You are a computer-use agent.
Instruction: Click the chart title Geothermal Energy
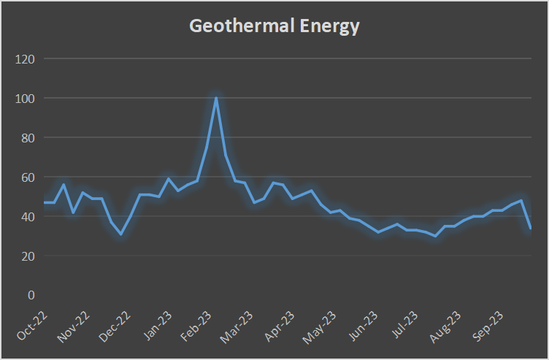tap(274, 27)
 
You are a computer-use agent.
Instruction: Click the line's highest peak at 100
tap(216, 98)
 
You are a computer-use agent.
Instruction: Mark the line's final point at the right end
tap(530, 228)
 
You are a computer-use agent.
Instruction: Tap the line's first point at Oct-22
tap(45, 202)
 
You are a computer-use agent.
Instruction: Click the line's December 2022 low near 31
tap(121, 234)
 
